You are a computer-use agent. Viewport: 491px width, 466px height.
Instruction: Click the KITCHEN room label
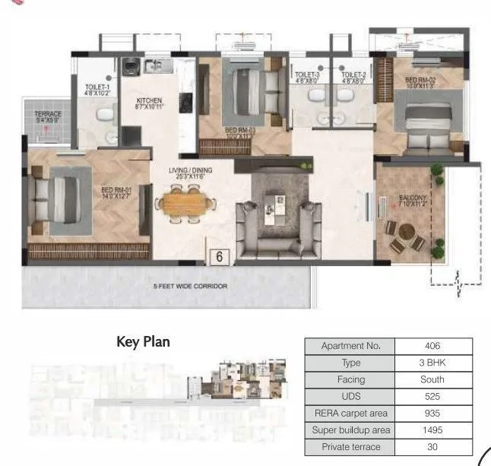pos(149,100)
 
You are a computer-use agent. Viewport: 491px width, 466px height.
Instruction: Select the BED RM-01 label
pos(117,192)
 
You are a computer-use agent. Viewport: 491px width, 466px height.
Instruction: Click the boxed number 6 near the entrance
pos(219,257)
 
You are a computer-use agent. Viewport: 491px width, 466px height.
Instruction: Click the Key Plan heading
pos(143,342)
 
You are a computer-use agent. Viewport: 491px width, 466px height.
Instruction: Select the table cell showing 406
pos(433,346)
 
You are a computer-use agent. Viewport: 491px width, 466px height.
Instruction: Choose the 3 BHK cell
pos(433,363)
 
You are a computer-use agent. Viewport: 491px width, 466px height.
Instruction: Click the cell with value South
pos(433,379)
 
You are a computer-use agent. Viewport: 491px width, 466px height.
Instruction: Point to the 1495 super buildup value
pos(433,430)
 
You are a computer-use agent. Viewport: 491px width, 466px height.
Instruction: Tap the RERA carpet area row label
pos(350,413)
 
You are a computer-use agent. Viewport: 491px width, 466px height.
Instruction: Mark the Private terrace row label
pos(350,446)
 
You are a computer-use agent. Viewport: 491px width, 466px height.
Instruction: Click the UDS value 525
pos(433,396)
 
